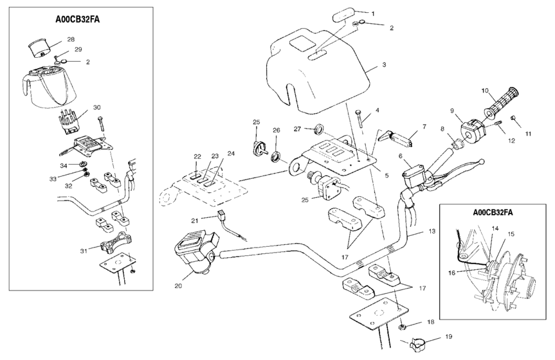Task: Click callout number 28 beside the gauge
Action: [x=71, y=39]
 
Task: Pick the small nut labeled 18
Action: [x=401, y=328]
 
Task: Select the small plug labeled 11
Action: [x=513, y=118]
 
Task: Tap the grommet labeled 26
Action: [x=278, y=156]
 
